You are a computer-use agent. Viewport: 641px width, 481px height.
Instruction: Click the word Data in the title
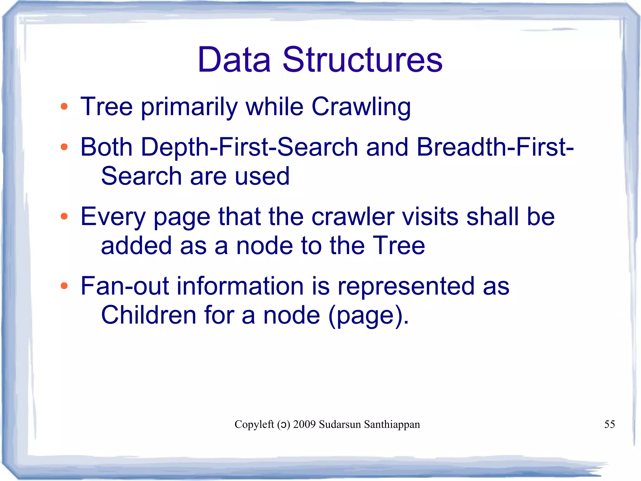234,60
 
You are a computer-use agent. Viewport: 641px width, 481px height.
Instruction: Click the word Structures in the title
362,60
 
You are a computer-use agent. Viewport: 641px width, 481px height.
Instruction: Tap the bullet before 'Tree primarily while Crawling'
64,107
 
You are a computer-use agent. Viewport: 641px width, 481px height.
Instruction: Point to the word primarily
189,107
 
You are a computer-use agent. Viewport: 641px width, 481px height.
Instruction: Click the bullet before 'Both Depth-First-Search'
64,147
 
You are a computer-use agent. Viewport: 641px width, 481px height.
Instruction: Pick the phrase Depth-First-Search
249,147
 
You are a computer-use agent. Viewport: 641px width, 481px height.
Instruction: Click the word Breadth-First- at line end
495,147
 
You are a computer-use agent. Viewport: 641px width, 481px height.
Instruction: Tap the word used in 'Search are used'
262,176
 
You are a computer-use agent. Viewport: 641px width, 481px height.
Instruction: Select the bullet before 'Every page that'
64,216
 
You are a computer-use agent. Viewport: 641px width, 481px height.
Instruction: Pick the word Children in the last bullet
148,315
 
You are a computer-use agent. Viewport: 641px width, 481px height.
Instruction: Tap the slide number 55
609,424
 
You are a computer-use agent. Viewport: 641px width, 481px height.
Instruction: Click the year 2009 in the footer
304,424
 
